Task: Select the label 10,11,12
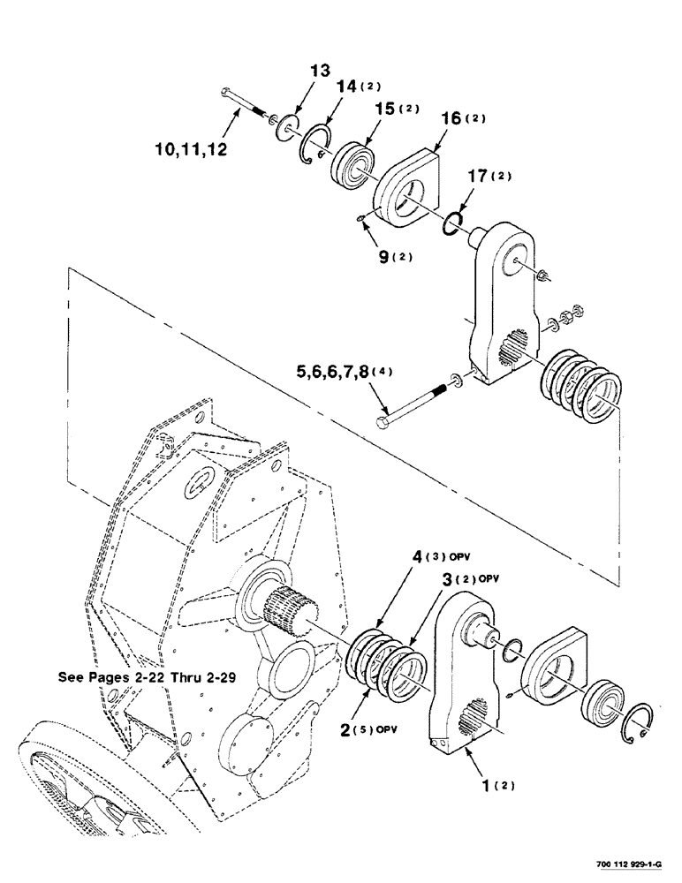click(188, 150)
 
